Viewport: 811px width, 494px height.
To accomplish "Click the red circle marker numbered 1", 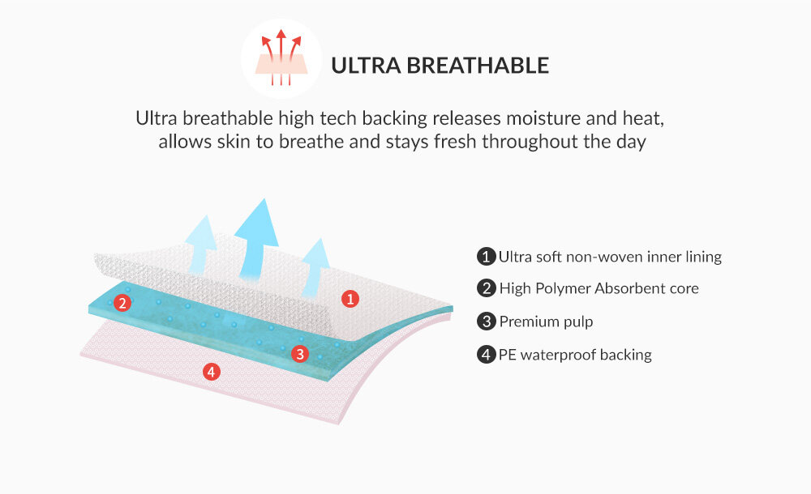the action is click(350, 298).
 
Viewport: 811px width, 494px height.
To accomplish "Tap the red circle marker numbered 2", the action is click(122, 303).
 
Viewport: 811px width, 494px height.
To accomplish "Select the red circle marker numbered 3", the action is click(300, 354).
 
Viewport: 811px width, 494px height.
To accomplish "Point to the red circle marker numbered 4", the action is click(211, 371).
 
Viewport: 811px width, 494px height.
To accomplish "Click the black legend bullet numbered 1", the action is click(486, 256).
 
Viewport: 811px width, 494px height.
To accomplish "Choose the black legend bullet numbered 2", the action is click(486, 287).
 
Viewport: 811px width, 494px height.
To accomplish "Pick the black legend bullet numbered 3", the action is click(486, 321).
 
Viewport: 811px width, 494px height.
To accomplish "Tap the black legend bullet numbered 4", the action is click(486, 355).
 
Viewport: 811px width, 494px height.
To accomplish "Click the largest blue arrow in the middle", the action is click(256, 239).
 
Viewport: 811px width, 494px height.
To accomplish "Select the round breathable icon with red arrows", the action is click(281, 58).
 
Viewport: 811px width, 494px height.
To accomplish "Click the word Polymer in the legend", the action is click(563, 288).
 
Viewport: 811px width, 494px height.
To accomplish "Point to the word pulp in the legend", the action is click(578, 322).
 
